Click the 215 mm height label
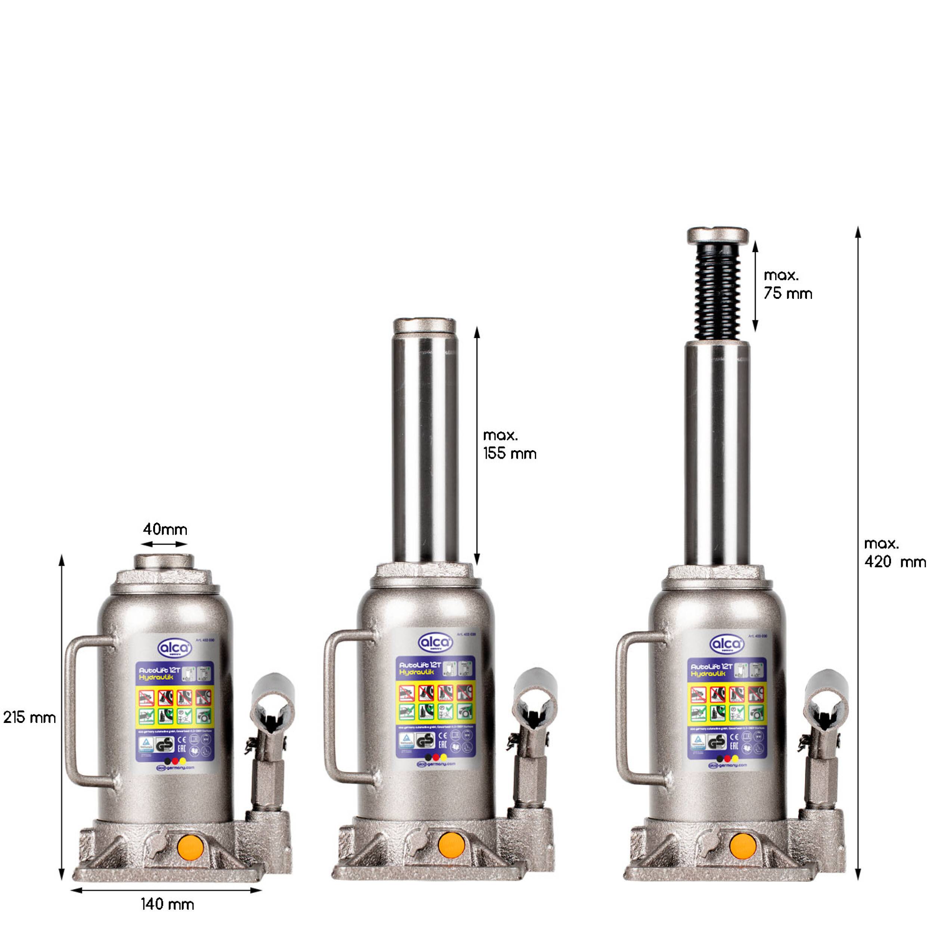point(30,717)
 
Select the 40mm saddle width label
point(165,529)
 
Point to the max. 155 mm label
point(510,445)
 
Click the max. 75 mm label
point(788,284)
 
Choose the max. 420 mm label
point(895,553)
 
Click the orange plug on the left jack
point(191,847)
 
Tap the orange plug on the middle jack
point(452,845)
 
